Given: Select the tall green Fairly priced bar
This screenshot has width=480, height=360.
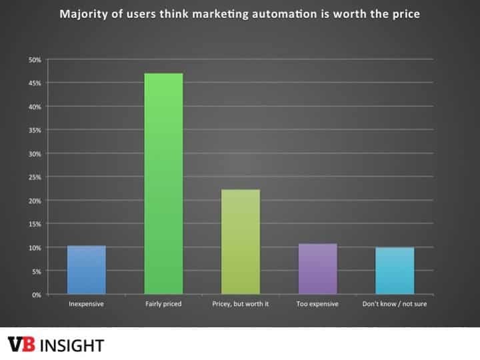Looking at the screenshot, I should (163, 184).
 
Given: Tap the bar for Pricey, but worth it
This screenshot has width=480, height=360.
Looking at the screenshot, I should (241, 242).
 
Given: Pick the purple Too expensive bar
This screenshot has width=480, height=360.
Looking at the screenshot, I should (317, 269).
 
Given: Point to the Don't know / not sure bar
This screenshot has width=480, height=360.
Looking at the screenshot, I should (395, 271).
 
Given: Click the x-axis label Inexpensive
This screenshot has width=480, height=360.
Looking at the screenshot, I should (86, 304).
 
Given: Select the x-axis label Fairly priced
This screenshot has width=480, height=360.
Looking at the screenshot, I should (163, 304).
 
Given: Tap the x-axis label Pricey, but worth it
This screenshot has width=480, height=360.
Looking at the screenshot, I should (241, 304).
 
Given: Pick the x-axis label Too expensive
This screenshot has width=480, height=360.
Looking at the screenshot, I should (317, 304).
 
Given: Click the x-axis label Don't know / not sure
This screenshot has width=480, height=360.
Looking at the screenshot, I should (395, 304).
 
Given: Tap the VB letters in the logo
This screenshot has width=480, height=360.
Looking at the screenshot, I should (23, 345).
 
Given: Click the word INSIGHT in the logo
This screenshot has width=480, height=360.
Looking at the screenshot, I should (73, 345).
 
